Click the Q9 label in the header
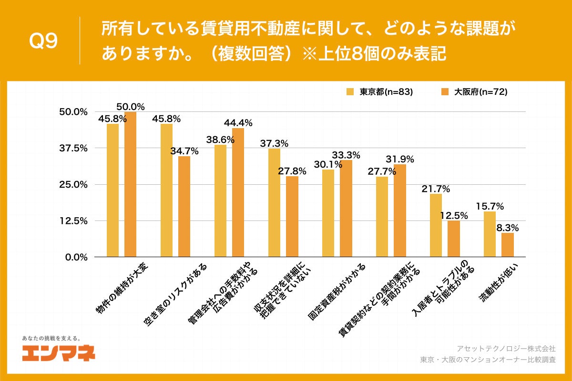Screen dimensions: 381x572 point(43,41)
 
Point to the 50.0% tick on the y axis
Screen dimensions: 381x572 point(73,112)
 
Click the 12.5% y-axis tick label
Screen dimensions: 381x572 point(73,221)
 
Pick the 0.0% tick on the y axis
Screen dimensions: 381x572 point(75,257)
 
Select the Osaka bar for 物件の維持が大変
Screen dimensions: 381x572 point(130,184)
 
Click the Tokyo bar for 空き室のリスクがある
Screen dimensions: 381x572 point(167,190)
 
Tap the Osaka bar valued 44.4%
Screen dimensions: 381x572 point(238,192)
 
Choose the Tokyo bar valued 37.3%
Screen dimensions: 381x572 point(274,203)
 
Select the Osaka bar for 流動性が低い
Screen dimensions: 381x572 point(507,245)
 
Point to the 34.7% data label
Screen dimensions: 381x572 point(184,151)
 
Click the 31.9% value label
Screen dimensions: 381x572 point(399,159)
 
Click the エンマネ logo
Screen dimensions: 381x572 point(58,352)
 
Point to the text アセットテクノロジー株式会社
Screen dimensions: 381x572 point(506,349)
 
